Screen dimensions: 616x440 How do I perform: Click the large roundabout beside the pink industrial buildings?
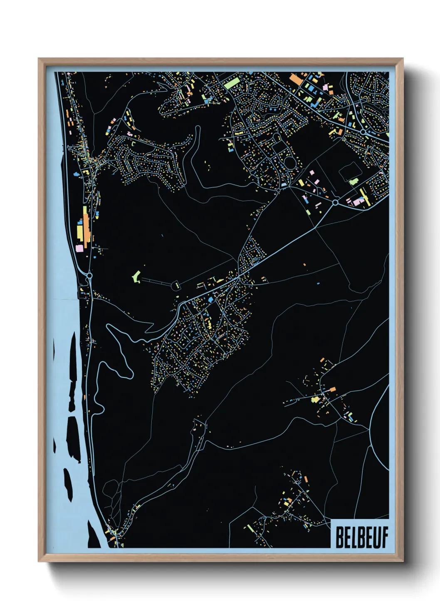pos(335,203)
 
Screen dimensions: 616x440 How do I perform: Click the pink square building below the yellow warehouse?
pos(79,248)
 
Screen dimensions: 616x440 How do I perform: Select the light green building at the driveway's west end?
pos(136,276)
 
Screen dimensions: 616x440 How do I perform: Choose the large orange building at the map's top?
pos(295,78)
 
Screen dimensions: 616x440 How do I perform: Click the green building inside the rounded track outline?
pos(353,181)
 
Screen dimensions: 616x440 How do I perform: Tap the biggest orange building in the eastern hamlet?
pos(332,390)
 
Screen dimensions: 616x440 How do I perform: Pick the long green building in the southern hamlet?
pos(250,528)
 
